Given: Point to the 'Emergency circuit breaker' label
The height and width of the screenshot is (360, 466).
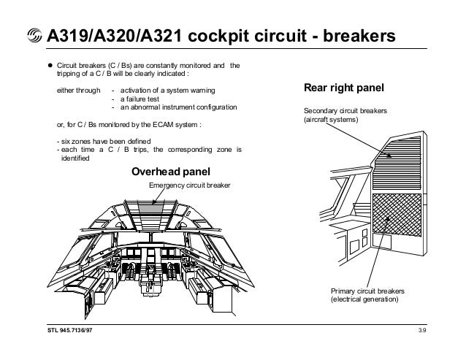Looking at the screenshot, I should tap(189, 185).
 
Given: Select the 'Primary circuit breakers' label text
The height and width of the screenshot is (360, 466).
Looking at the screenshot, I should tap(366, 291).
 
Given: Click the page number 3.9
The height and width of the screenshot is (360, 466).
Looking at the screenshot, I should tap(422, 332).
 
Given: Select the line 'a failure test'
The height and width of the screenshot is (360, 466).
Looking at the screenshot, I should tap(142, 99).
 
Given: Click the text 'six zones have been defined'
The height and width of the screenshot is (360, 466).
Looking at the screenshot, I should tap(103, 141).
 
